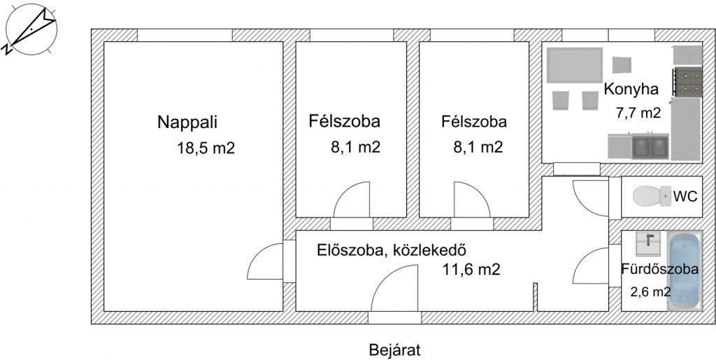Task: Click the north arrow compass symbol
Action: pyautogui.click(x=31, y=29)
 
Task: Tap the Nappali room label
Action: pyautogui.click(x=187, y=123)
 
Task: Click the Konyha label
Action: pyautogui.click(x=631, y=89)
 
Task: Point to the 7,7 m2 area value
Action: pyautogui.click(x=638, y=113)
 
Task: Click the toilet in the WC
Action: pyautogui.click(x=652, y=196)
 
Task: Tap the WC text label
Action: pyautogui.click(x=685, y=196)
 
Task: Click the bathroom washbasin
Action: pyautogui.click(x=648, y=243)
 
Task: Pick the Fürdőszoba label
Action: pyautogui.click(x=659, y=268)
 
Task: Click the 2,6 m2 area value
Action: pyautogui.click(x=651, y=291)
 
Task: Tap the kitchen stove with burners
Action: pyautogui.click(x=687, y=82)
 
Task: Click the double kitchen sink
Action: pyautogui.click(x=650, y=147)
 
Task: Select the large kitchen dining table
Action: pyautogui.click(x=575, y=65)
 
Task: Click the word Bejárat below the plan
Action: pyautogui.click(x=394, y=350)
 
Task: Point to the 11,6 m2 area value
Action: pyautogui.click(x=471, y=270)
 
